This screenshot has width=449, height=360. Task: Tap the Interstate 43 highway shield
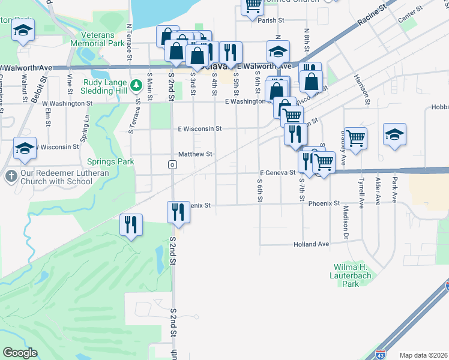pyautogui.click(x=380, y=355)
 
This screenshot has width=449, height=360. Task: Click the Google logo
pyautogui.click(x=20, y=353)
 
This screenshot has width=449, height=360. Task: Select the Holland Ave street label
pyautogui.click(x=312, y=244)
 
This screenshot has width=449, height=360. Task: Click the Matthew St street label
pyautogui.click(x=195, y=154)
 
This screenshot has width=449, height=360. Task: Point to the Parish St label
pyautogui.click(x=271, y=20)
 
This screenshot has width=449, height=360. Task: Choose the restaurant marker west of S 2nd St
pyautogui.click(x=131, y=225)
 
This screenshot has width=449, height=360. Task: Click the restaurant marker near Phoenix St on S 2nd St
pyautogui.click(x=178, y=212)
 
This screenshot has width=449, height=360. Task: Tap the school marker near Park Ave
pyautogui.click(x=395, y=135)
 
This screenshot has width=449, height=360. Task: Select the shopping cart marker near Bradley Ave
pyautogui.click(x=355, y=139)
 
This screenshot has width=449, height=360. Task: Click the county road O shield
pyautogui.click(x=172, y=164)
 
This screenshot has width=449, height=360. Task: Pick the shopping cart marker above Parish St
pyautogui.click(x=253, y=5)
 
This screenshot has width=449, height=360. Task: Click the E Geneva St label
pyautogui.click(x=277, y=172)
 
